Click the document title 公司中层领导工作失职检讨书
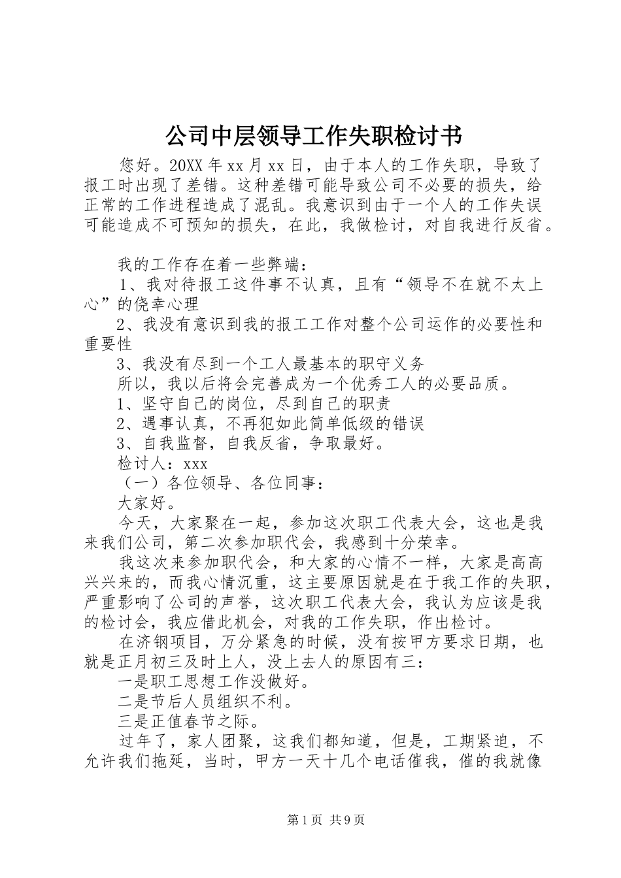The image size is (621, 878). [x=310, y=137]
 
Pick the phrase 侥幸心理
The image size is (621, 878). [x=165, y=305]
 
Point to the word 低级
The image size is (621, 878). [x=339, y=424]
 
